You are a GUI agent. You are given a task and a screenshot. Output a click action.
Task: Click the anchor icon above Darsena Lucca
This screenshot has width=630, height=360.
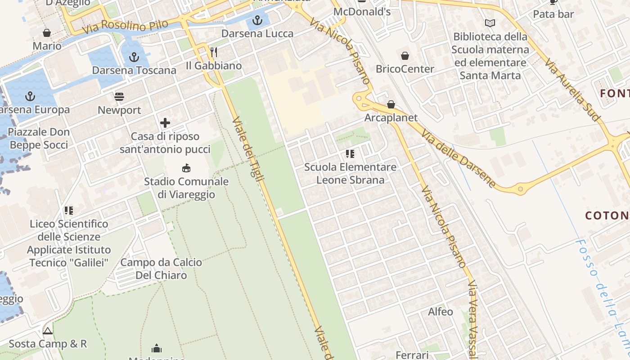pos(257,20)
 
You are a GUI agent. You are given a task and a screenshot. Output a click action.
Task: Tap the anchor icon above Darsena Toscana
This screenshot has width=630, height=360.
pos(134,57)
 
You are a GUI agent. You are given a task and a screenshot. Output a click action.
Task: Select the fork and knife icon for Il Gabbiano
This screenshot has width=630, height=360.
pos(214,53)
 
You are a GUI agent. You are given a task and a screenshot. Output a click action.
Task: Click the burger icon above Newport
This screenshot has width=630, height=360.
pos(119,97)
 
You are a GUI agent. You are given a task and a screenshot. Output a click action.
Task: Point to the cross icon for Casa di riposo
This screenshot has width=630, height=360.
pos(165,123)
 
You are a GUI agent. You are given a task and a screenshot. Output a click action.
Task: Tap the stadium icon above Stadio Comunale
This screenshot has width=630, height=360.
pos(186,168)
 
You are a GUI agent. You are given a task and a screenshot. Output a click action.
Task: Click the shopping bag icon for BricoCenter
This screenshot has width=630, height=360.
pos(405,56)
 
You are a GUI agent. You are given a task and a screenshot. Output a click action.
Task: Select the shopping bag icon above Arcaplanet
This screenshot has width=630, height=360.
pos(391,104)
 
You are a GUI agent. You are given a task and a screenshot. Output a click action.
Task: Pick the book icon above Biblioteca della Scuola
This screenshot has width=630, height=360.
pos(490,23)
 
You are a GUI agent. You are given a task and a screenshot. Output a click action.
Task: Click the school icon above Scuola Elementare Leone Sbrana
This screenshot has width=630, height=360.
pos(350,154)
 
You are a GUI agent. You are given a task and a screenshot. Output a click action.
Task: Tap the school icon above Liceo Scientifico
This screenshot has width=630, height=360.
pos(69,211)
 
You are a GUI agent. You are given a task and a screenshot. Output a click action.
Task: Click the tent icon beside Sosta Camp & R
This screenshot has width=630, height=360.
pos(48,331)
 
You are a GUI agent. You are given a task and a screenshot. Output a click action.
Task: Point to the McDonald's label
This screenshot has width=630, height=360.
pos(362,12)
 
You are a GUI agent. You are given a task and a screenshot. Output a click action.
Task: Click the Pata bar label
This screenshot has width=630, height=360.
pos(553,14)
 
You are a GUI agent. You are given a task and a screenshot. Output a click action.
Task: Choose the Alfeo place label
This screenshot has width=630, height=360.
pos(441,311)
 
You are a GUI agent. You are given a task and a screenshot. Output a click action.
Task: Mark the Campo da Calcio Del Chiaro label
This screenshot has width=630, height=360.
pos(162,269)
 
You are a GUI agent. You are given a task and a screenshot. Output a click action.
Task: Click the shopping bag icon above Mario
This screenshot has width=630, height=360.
pos(47,33)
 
